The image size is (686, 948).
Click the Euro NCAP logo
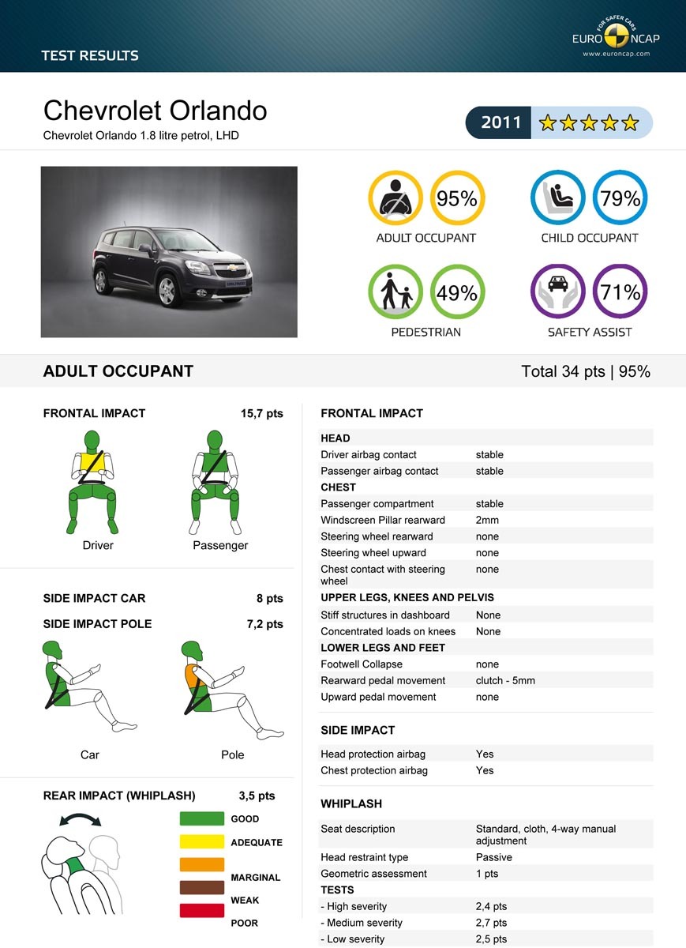pyautogui.click(x=617, y=37)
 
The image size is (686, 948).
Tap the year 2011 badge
pyautogui.click(x=501, y=122)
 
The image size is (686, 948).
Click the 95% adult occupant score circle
pyautogui.click(x=457, y=199)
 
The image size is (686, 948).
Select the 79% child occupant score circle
pyautogui.click(x=620, y=199)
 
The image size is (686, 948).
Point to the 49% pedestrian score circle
pyautogui.click(x=457, y=293)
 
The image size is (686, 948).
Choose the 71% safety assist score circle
pyautogui.click(x=620, y=293)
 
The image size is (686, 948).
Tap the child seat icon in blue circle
pyautogui.click(x=558, y=199)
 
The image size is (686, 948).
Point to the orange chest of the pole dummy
pyautogui.click(x=193, y=676)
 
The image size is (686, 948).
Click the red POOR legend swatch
pyautogui.click(x=202, y=911)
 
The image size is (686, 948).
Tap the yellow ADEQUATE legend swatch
pyautogui.click(x=202, y=842)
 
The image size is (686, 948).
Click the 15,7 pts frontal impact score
pyautogui.click(x=261, y=413)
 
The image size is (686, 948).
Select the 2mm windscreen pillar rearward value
pyautogui.click(x=487, y=520)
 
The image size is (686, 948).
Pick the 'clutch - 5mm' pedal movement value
pyautogui.click(x=505, y=680)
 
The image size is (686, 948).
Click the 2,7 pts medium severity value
pyautogui.click(x=491, y=923)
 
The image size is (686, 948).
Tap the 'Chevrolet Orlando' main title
pyautogui.click(x=155, y=110)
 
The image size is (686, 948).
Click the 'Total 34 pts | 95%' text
pyautogui.click(x=586, y=371)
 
